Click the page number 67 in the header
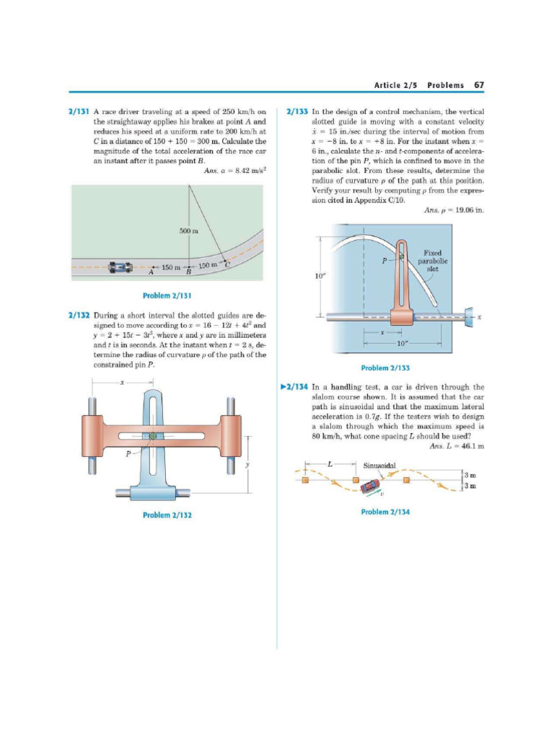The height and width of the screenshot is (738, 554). tap(478, 85)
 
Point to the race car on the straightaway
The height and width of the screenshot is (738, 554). tap(120, 267)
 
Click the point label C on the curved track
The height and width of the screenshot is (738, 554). tap(227, 265)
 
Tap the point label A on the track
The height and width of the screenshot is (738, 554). tap(151, 273)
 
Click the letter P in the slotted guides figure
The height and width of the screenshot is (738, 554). tap(128, 453)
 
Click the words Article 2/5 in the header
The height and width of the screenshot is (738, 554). tap(395, 85)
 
